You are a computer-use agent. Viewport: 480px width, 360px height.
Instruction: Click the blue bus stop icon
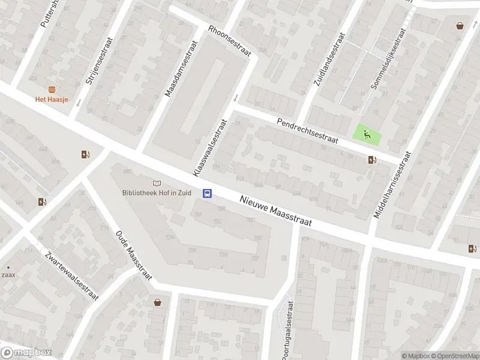click(208, 193)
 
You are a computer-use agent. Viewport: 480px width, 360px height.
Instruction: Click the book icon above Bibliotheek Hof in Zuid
click(157, 183)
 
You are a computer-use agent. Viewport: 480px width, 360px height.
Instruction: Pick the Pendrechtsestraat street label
click(308, 131)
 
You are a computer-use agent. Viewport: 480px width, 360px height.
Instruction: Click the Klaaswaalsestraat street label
click(210, 148)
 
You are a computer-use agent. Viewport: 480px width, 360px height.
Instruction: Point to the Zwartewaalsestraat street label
click(71, 274)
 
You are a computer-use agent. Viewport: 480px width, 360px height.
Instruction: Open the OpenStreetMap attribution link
click(455, 356)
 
